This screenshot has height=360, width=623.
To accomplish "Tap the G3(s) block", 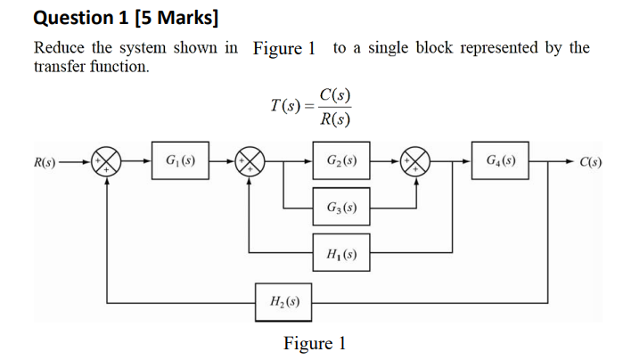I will click(x=341, y=209).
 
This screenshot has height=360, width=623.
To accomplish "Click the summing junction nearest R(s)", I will click(x=107, y=162).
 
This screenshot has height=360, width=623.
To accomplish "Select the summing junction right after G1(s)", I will click(x=250, y=162).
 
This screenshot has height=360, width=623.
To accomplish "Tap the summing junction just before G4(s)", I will click(x=415, y=162).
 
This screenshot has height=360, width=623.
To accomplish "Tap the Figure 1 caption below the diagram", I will click(x=314, y=343).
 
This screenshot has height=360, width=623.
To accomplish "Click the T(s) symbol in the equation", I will click(x=284, y=106).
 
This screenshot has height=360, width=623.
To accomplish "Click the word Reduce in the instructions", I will click(x=61, y=48).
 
